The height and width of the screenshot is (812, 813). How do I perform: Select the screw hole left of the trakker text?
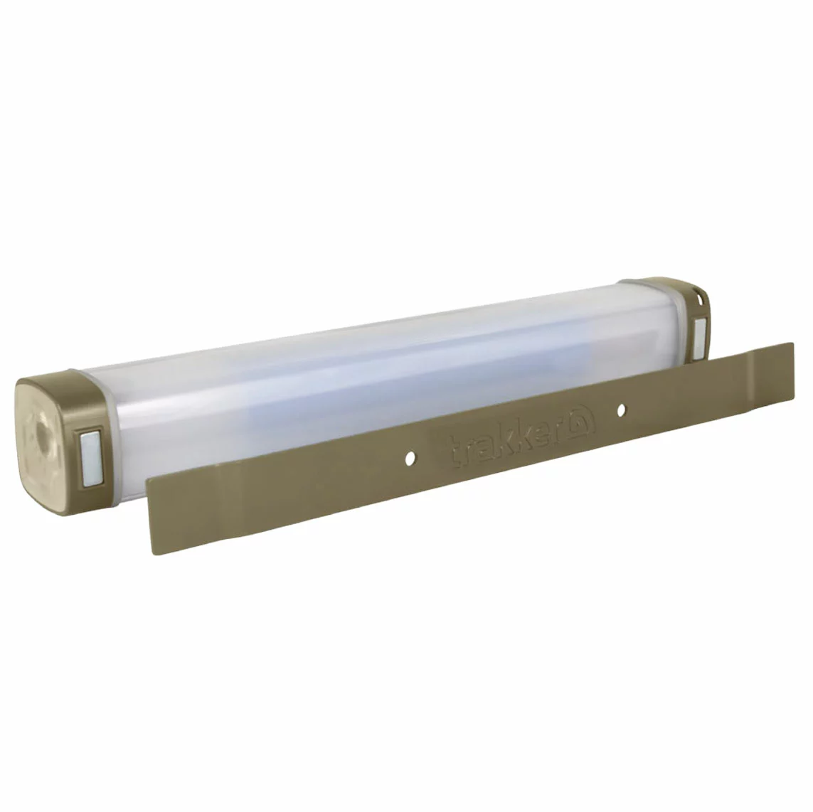410,458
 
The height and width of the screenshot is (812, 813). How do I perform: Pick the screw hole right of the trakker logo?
621,410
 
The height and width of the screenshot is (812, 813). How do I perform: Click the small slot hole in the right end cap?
701,299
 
